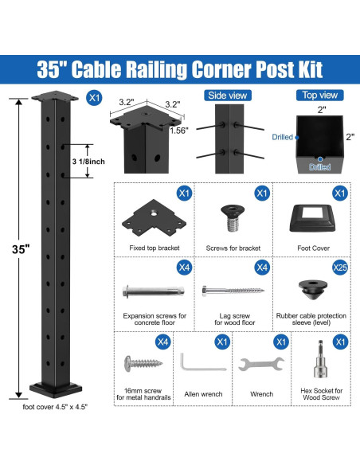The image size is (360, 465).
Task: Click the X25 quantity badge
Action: click(x=339, y=268)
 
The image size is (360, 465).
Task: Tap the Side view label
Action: click(x=227, y=96)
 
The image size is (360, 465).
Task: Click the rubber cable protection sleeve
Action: click(x=310, y=288)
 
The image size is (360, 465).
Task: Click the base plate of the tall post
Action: click(x=57, y=390)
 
